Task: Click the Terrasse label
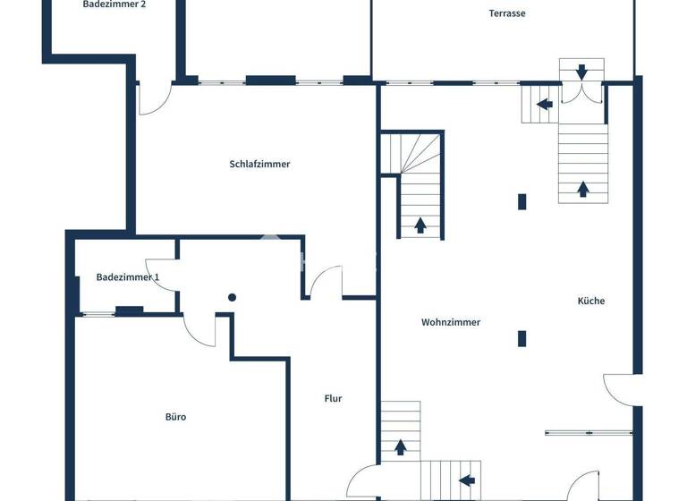(506, 13)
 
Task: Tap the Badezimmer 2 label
(114, 4)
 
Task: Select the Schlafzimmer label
(259, 164)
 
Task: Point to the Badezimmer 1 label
(128, 277)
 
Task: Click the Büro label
(175, 417)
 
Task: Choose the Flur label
(333, 399)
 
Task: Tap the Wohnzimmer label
(451, 322)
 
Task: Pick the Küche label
(590, 301)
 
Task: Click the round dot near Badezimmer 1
(232, 297)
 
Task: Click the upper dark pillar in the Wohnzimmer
(522, 202)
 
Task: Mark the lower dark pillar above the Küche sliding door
(522, 338)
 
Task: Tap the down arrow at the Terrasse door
(582, 71)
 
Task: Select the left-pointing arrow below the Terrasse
(544, 104)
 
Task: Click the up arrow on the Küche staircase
(583, 188)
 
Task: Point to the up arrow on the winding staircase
(420, 224)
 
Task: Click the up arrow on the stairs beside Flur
(400, 446)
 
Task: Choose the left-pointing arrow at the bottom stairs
(466, 480)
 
